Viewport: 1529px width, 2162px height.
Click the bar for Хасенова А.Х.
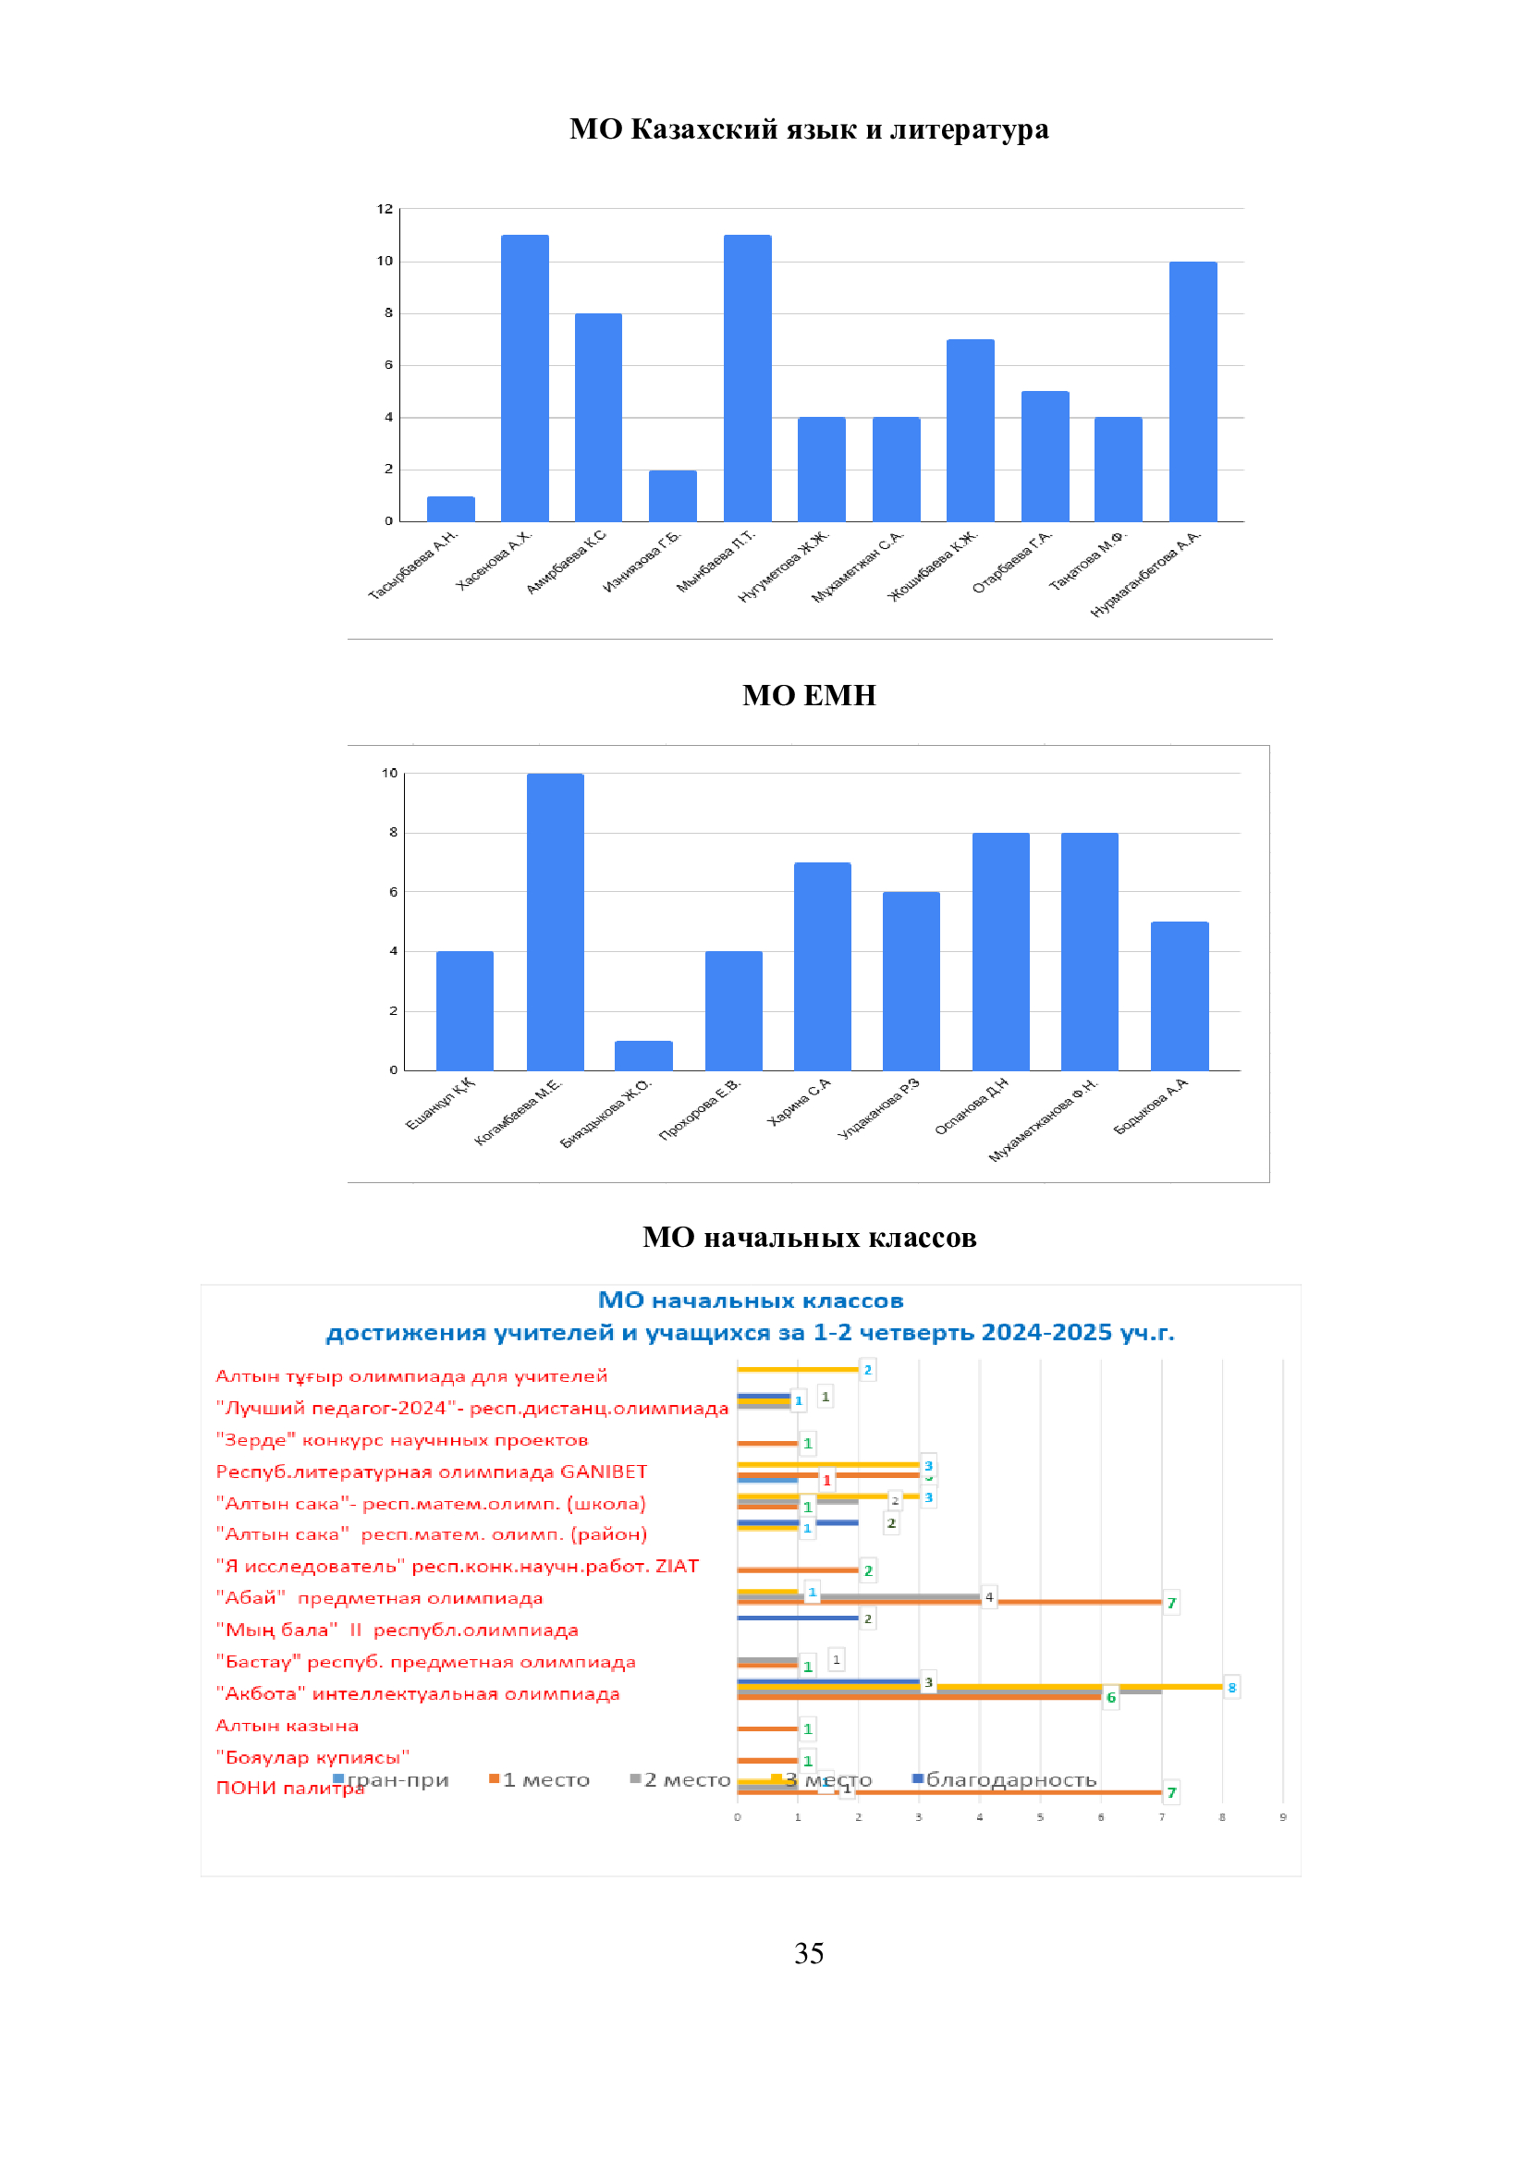pyautogui.click(x=524, y=378)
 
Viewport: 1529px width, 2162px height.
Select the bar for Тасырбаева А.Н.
pyautogui.click(x=450, y=508)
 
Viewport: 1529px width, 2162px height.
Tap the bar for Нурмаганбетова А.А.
pyautogui.click(x=1193, y=391)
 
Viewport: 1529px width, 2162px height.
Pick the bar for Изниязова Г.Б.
pyautogui.click(x=672, y=495)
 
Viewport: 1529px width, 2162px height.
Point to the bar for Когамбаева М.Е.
pyautogui.click(x=556, y=922)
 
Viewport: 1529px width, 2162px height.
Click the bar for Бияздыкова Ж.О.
pyautogui.click(x=644, y=1056)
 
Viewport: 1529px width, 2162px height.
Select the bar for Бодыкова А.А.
pyautogui.click(x=1179, y=995)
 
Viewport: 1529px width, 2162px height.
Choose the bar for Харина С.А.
pyautogui.click(x=822, y=966)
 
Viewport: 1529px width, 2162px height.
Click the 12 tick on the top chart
pyautogui.click(x=385, y=209)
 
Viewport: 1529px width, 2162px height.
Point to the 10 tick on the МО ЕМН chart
pyautogui.click(x=390, y=773)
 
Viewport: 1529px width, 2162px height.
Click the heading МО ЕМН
pyautogui.click(x=809, y=695)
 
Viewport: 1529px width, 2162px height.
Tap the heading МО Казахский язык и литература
pyautogui.click(x=809, y=129)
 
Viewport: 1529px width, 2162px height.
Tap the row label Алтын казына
pyautogui.click(x=287, y=1725)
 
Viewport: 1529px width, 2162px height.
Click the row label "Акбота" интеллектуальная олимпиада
pyautogui.click(x=418, y=1693)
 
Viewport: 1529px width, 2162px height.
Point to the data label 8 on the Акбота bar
pyautogui.click(x=1231, y=1688)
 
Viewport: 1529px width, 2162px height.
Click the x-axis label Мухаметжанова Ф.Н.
pyautogui.click(x=1043, y=1120)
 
